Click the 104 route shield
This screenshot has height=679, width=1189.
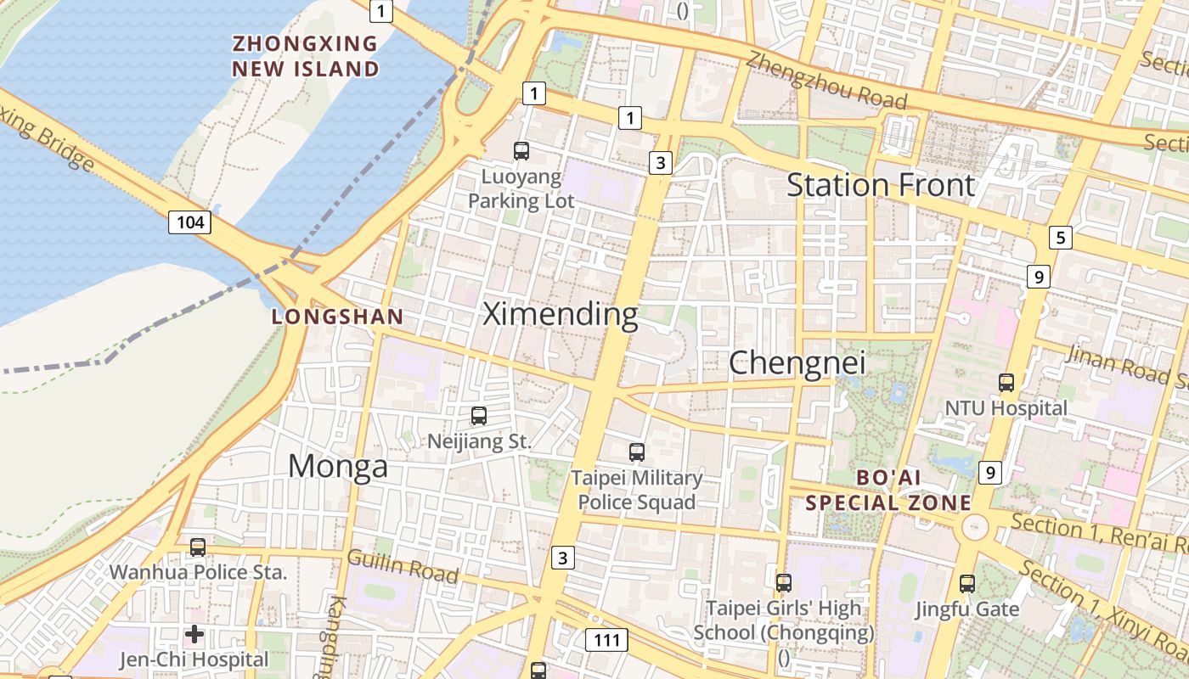(x=189, y=222)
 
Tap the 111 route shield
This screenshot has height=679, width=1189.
(x=606, y=640)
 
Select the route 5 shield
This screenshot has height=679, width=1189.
(x=1060, y=238)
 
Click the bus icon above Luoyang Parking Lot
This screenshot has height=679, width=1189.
(x=521, y=151)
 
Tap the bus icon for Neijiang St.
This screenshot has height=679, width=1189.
(x=479, y=416)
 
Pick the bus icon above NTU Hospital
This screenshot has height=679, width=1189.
(x=1006, y=383)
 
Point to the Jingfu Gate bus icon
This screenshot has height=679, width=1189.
(x=967, y=583)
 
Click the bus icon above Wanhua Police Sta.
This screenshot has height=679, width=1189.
(x=198, y=547)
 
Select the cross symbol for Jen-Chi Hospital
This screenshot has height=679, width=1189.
(x=194, y=633)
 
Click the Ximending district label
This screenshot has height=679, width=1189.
(x=561, y=315)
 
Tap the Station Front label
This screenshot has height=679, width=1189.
(x=880, y=185)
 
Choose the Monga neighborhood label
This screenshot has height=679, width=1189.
(x=337, y=466)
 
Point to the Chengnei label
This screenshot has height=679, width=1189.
(x=797, y=363)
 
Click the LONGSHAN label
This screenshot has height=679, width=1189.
(x=337, y=317)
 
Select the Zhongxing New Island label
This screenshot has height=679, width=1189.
(x=306, y=56)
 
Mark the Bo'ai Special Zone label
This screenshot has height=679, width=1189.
(x=888, y=491)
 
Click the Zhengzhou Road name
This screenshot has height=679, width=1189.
(x=826, y=80)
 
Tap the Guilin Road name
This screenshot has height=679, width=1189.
(x=403, y=567)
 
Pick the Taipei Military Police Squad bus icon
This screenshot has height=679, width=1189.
(x=637, y=452)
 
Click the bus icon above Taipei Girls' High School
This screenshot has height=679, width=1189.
(x=784, y=583)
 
